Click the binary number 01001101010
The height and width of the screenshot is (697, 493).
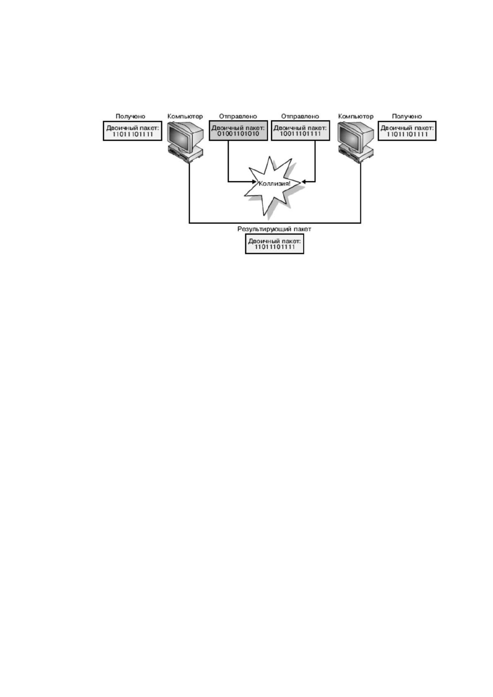point(238,134)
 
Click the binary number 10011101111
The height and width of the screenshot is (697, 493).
point(300,134)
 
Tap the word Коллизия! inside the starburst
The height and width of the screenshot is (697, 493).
point(274,184)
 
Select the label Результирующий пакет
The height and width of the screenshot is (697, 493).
point(274,229)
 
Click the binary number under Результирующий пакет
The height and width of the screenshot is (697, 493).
point(274,247)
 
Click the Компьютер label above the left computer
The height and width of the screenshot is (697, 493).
point(185,116)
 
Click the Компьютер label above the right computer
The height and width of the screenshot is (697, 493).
point(356,116)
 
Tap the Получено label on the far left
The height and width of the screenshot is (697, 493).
point(130,116)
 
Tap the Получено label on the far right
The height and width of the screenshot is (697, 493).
point(407,116)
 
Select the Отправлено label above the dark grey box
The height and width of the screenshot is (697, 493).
point(238,116)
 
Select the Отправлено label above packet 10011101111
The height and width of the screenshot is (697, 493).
point(300,116)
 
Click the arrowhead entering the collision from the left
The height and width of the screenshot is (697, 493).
point(253,182)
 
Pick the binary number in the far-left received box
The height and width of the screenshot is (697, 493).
point(132,134)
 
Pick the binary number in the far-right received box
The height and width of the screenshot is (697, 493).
point(407,134)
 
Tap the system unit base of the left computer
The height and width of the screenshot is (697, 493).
point(185,154)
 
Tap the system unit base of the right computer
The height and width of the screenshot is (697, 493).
point(356,154)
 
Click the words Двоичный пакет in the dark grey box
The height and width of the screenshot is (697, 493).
point(238,128)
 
